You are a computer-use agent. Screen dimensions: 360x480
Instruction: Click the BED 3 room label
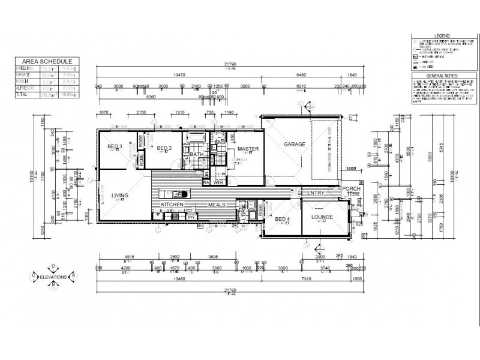(115, 147)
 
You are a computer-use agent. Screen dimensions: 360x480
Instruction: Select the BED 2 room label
(164, 148)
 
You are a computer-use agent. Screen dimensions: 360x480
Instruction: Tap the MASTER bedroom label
(247, 148)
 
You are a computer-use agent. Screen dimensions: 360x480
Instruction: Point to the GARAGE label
(295, 144)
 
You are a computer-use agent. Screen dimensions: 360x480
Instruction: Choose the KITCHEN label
(172, 205)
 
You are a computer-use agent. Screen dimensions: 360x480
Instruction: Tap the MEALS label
(216, 205)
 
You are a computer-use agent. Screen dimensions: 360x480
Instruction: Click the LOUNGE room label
(322, 217)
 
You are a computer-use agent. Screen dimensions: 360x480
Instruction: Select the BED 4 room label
(283, 220)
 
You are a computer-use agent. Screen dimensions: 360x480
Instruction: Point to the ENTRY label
(316, 193)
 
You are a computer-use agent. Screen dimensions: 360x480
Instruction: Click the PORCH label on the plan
(351, 188)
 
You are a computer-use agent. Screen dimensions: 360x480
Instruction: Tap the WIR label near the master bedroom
(218, 182)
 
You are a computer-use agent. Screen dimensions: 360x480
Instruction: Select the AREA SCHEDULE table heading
(47, 61)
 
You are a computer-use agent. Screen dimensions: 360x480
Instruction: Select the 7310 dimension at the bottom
(306, 278)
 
